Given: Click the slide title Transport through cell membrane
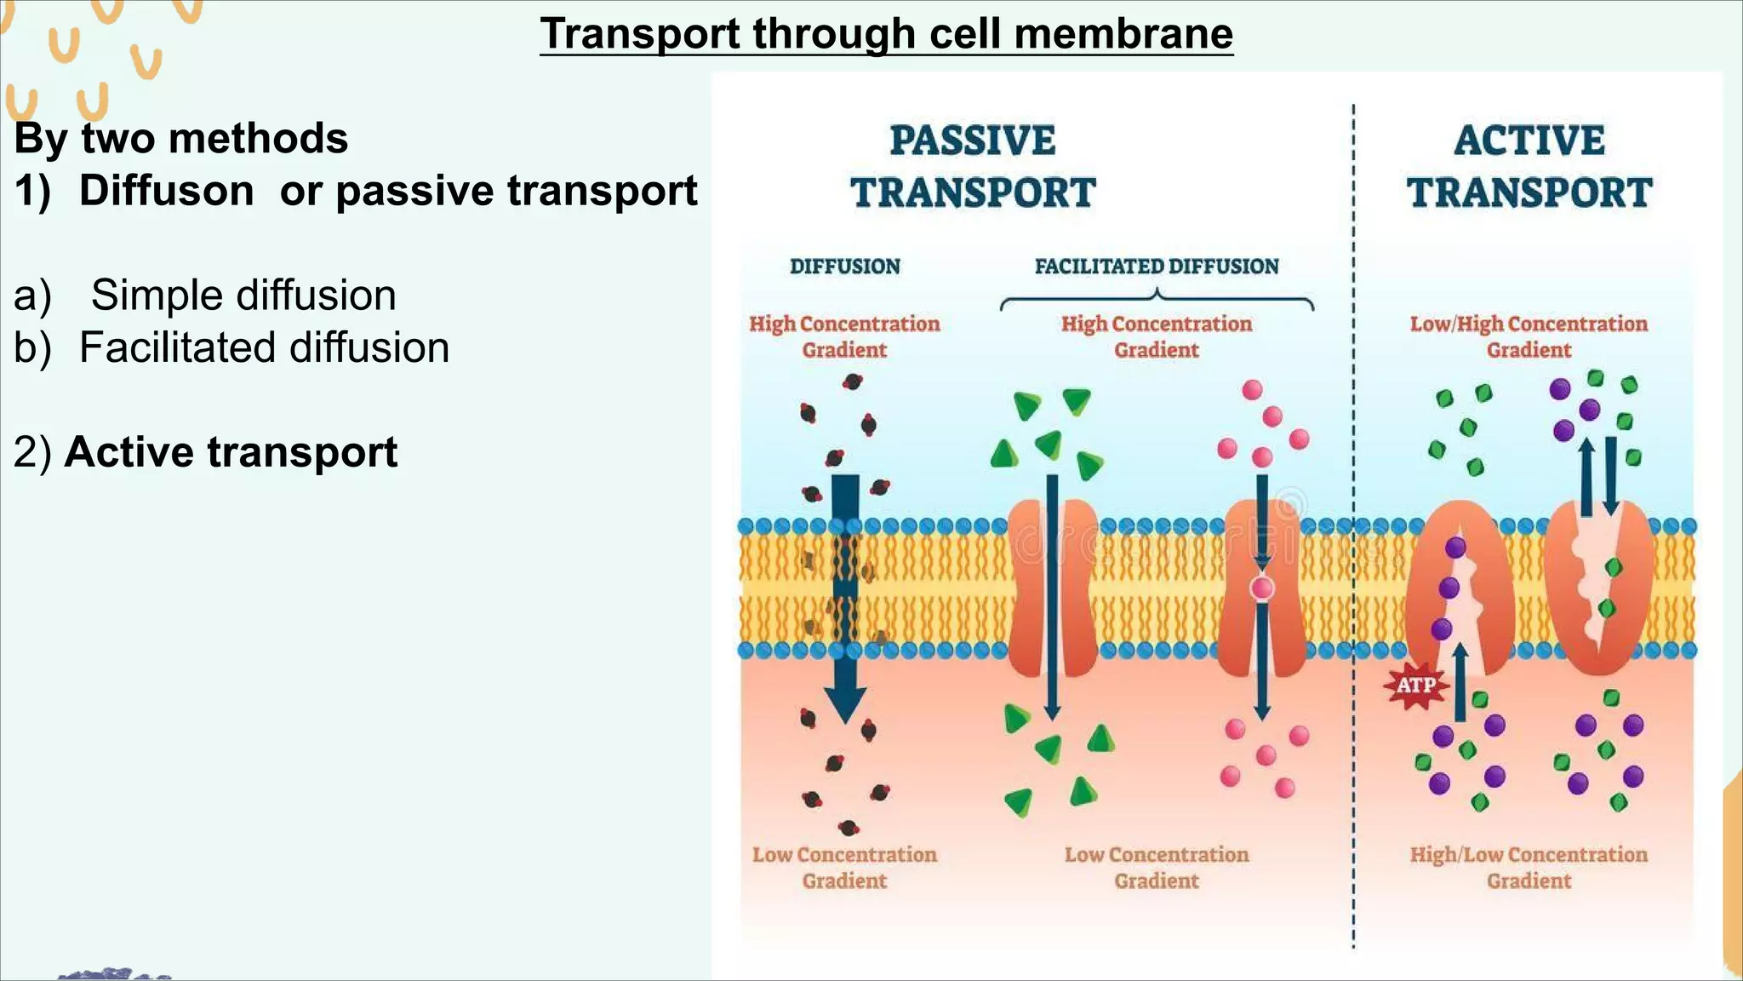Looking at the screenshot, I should [x=886, y=34].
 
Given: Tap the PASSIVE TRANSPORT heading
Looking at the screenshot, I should [x=973, y=167].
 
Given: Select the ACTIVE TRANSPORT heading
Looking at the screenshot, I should [x=1529, y=167].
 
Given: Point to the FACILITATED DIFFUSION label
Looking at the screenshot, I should [x=1156, y=267].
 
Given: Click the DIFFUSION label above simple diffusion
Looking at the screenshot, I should [x=844, y=267].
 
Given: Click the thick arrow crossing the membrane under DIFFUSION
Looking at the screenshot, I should [x=845, y=596].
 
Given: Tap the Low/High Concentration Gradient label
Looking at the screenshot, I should [x=1529, y=336].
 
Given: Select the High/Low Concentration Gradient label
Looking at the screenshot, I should [x=1529, y=867].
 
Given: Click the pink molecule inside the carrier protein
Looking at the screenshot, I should [x=1262, y=588].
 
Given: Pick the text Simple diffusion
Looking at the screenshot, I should [x=243, y=295].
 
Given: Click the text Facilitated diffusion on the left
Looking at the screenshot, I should [x=264, y=347].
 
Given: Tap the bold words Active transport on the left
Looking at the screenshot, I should [x=231, y=451].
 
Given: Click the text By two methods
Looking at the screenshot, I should [x=181, y=138].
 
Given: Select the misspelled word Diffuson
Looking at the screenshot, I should [x=166, y=190].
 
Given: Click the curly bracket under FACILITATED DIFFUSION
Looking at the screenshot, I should [x=1156, y=300].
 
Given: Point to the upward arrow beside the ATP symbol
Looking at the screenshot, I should [x=1460, y=681].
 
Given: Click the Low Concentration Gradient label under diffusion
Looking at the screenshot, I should [x=844, y=867].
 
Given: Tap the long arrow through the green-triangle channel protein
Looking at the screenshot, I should [x=1052, y=596].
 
